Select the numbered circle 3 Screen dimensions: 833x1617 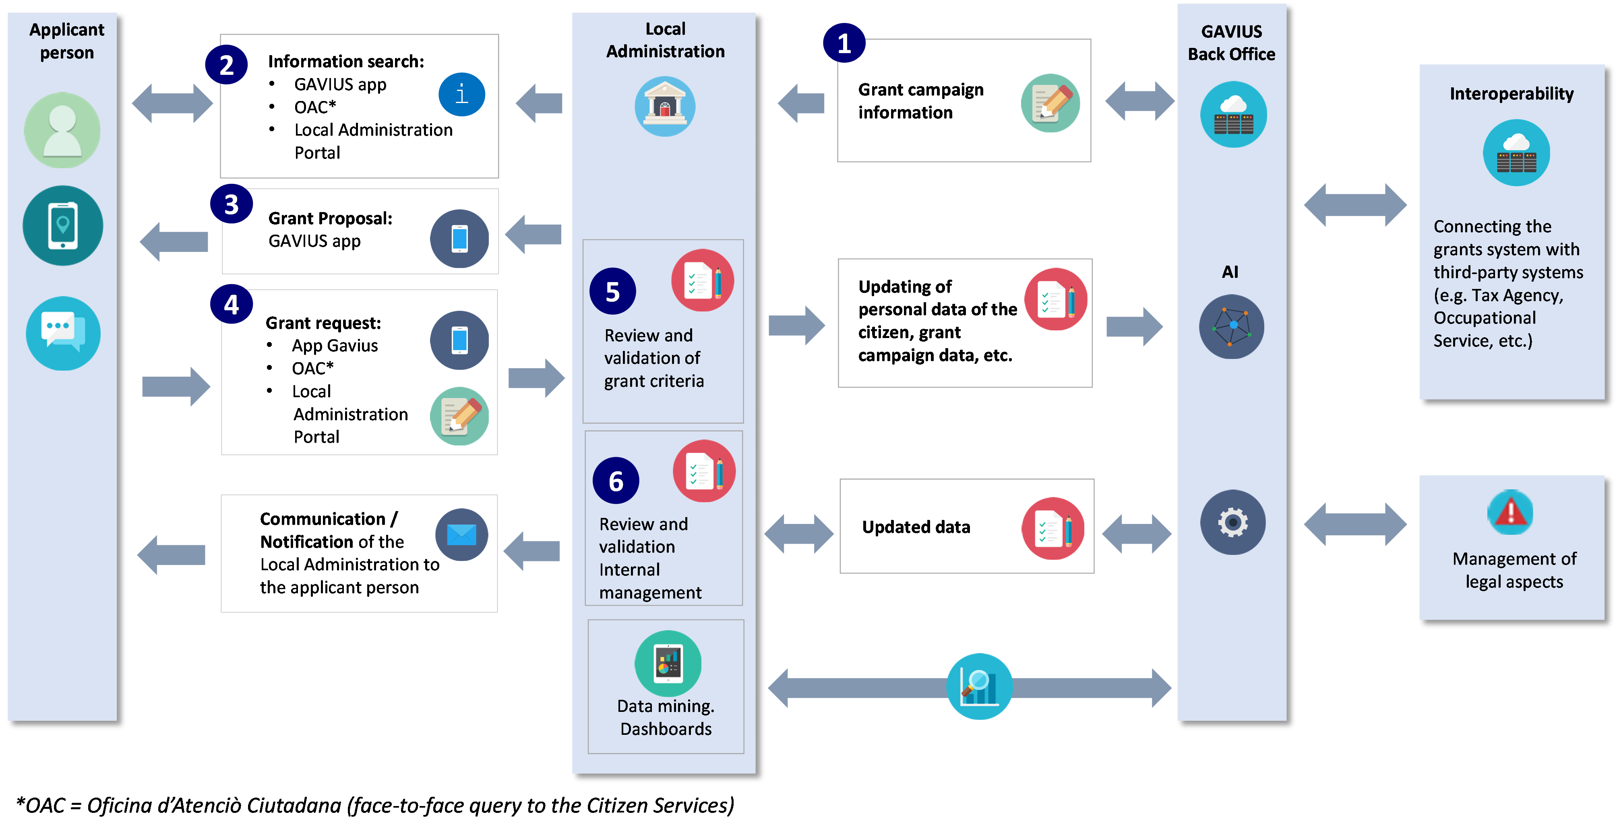pos(231,204)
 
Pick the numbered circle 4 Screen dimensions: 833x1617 pos(231,305)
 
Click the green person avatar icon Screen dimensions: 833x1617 pos(62,130)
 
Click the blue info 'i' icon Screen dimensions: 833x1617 pos(461,95)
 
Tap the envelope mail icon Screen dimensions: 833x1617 pos(461,534)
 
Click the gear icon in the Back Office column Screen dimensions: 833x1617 pos(1232,522)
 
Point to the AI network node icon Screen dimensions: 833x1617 pos(1231,326)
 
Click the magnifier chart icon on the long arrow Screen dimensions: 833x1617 pos(978,686)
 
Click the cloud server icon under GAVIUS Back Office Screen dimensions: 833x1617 pos(1233,115)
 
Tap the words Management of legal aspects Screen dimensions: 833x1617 pos(1514,569)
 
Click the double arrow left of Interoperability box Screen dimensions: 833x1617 pos(1354,205)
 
